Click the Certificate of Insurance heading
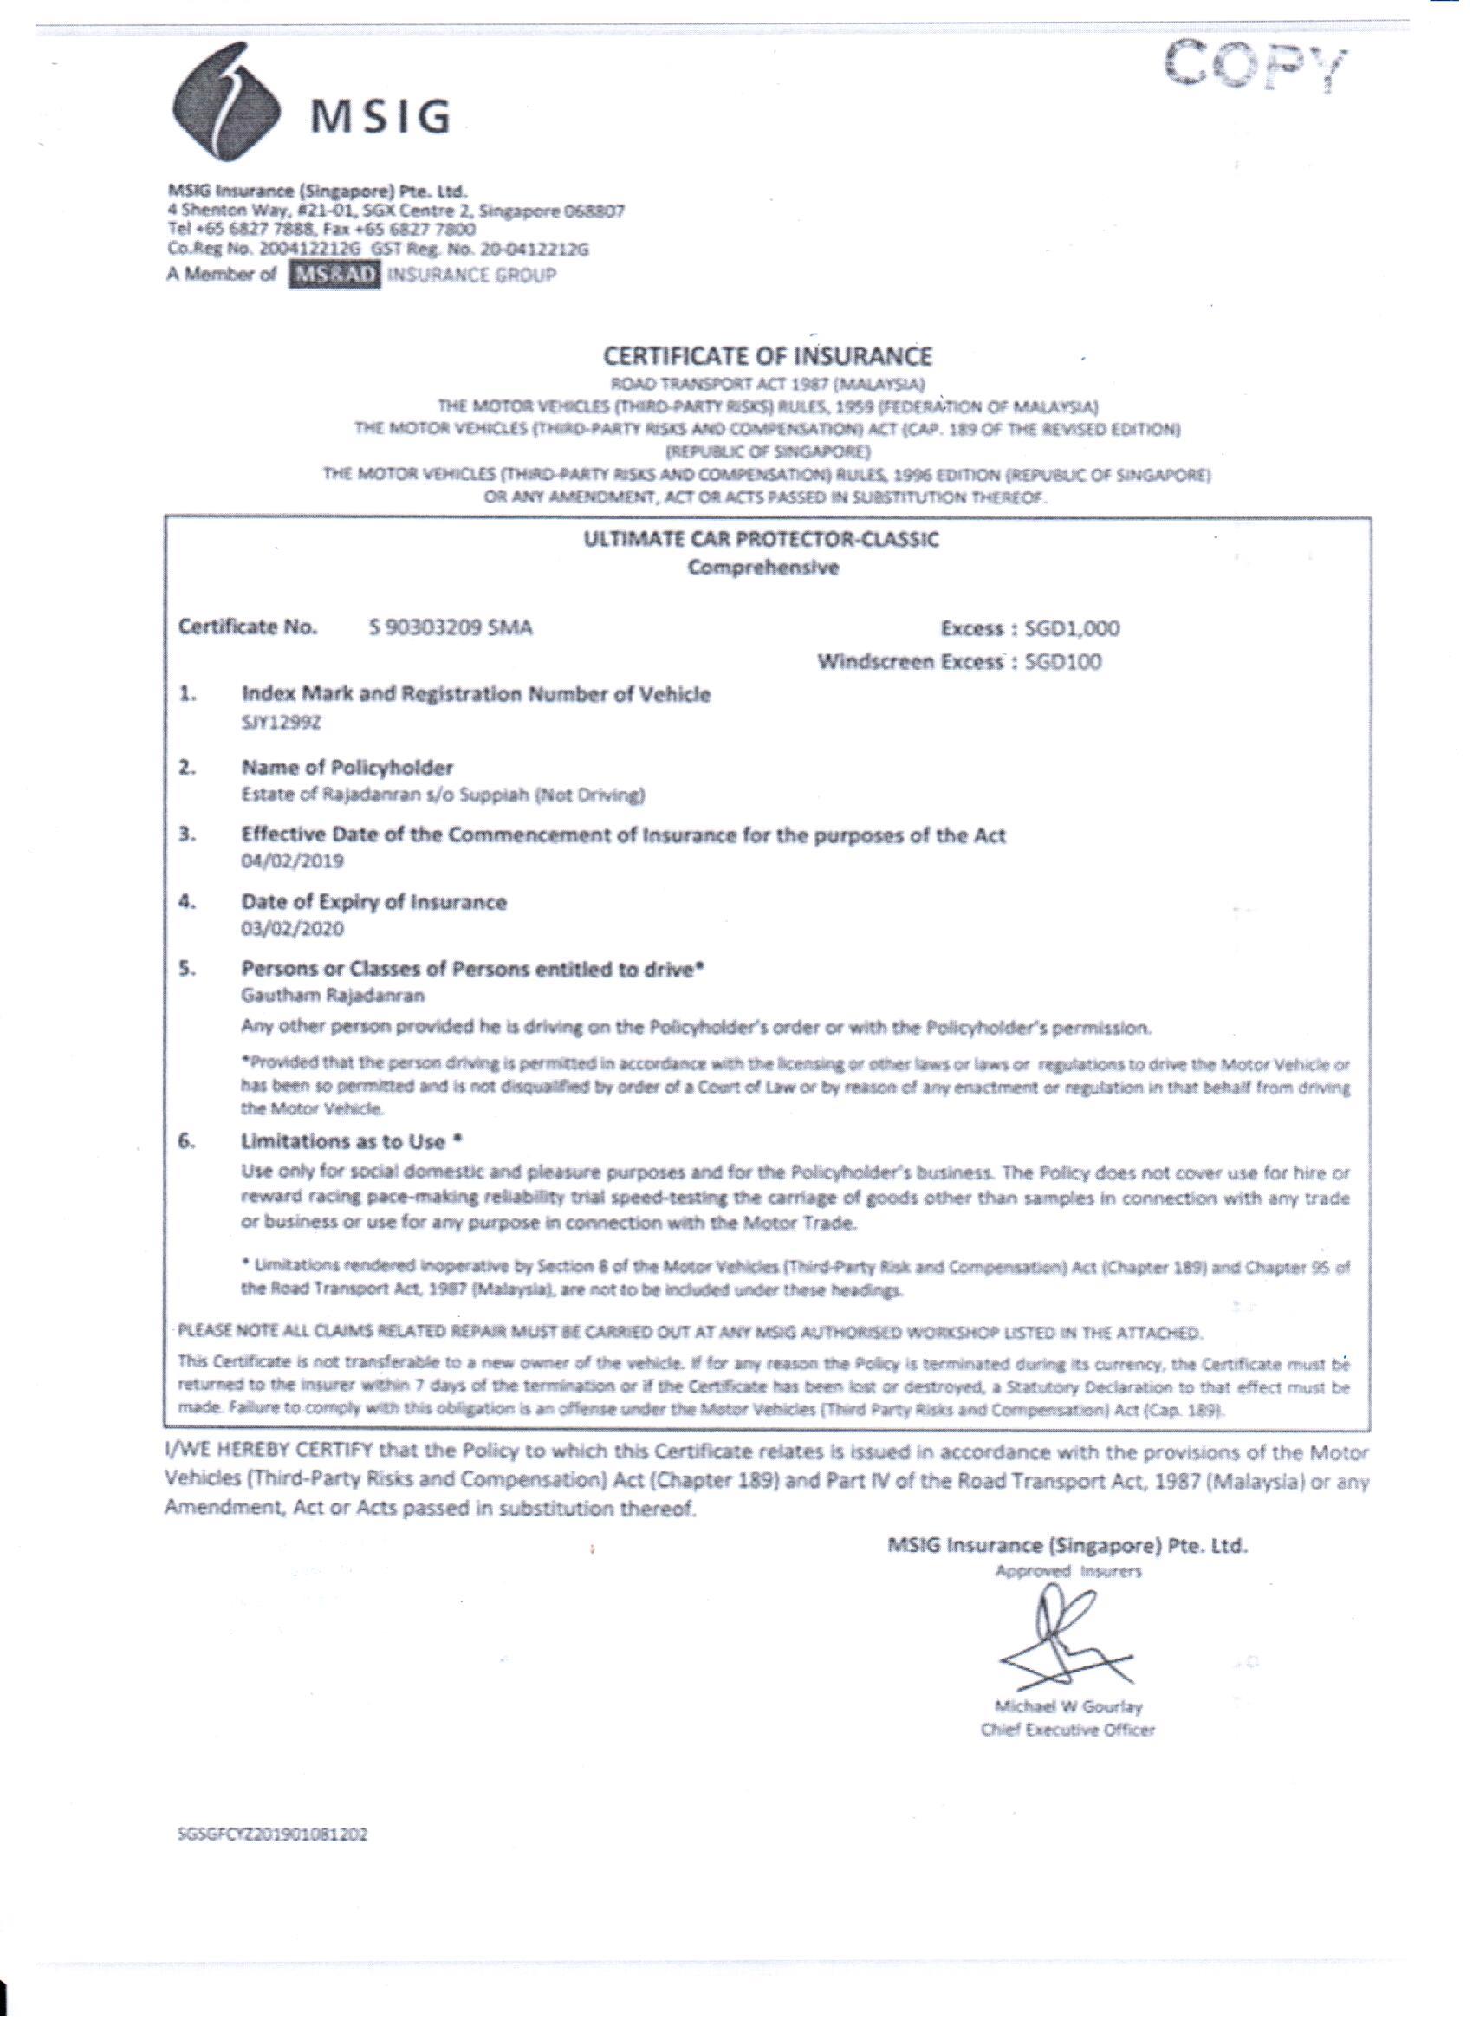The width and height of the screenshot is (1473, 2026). click(768, 356)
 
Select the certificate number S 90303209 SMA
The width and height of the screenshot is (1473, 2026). click(451, 627)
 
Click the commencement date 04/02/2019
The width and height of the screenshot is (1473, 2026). click(292, 861)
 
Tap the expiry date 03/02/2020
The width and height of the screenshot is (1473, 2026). click(292, 929)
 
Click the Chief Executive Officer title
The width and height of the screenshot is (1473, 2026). click(1067, 1731)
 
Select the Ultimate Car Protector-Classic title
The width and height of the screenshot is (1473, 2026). click(761, 540)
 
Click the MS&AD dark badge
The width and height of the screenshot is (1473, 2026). click(335, 274)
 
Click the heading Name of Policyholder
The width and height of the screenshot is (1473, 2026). click(347, 768)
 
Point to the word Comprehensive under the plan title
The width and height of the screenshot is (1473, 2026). click(762, 568)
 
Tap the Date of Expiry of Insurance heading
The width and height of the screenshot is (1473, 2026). click(373, 902)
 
